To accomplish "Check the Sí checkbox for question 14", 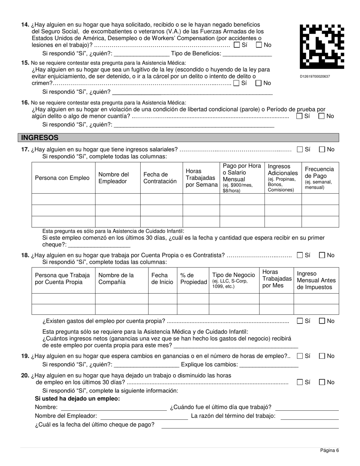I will click(237, 45).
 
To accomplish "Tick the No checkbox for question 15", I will click(259, 83).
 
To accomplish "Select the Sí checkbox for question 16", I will click(299, 116).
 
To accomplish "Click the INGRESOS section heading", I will click(40, 138).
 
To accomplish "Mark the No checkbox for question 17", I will click(322, 149).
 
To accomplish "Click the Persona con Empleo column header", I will click(62, 178).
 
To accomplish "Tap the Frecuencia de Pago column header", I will click(319, 178).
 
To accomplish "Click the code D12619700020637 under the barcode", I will click(315, 77).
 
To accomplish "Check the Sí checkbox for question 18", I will click(300, 255).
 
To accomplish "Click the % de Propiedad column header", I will click(193, 279).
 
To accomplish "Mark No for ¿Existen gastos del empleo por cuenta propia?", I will click(322, 321).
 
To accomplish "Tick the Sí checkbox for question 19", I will click(300, 356).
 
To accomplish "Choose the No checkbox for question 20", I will click(322, 382).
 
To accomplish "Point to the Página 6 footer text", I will click(329, 450).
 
